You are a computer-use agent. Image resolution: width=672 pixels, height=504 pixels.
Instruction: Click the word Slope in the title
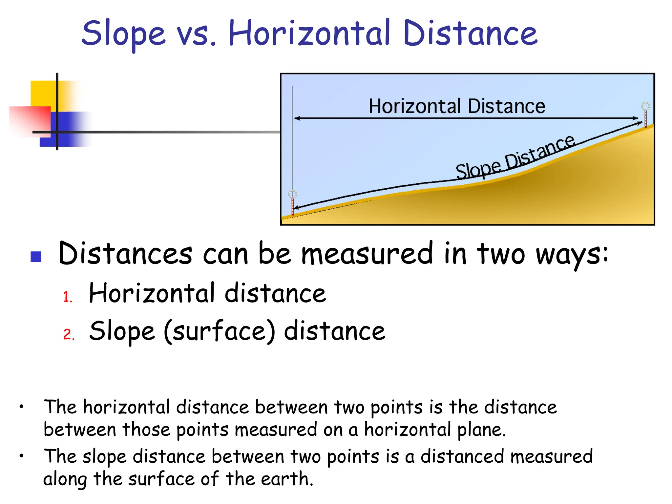(123, 34)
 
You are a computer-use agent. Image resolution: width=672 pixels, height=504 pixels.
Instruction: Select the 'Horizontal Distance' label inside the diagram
(457, 106)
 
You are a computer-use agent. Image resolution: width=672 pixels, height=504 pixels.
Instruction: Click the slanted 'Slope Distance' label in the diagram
(515, 157)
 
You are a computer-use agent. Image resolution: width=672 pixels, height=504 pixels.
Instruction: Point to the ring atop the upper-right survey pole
(645, 106)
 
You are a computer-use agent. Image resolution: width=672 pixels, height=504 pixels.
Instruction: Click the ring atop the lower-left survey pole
(292, 194)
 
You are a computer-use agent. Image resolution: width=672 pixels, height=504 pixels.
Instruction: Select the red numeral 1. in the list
(68, 297)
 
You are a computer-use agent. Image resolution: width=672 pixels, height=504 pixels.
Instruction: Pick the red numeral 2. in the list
(69, 334)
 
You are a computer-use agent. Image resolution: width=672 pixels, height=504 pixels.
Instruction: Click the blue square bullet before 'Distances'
(36, 257)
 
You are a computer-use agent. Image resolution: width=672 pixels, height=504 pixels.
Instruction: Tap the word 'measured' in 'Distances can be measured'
(367, 254)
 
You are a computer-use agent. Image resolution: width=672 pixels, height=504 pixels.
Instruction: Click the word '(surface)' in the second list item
(219, 331)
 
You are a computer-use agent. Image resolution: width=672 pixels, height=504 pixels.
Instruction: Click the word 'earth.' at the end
(287, 479)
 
